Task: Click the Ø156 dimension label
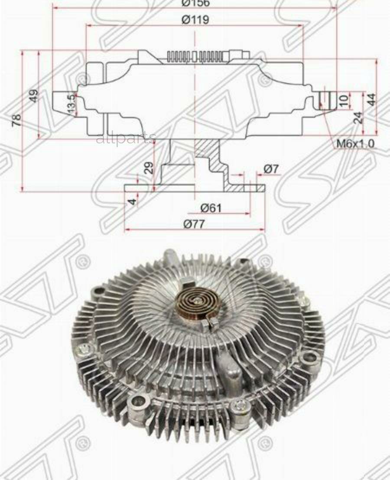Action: point(195,3)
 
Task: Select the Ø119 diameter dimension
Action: point(195,19)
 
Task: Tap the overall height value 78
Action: point(17,120)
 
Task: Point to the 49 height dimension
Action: point(34,95)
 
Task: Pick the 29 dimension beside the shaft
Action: point(149,168)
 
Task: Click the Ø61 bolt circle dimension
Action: point(211,208)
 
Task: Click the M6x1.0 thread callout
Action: point(355,143)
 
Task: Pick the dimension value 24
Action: point(358,118)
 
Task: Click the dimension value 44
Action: point(371,100)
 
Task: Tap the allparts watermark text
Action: point(126,139)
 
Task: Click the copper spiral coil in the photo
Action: point(194,305)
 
